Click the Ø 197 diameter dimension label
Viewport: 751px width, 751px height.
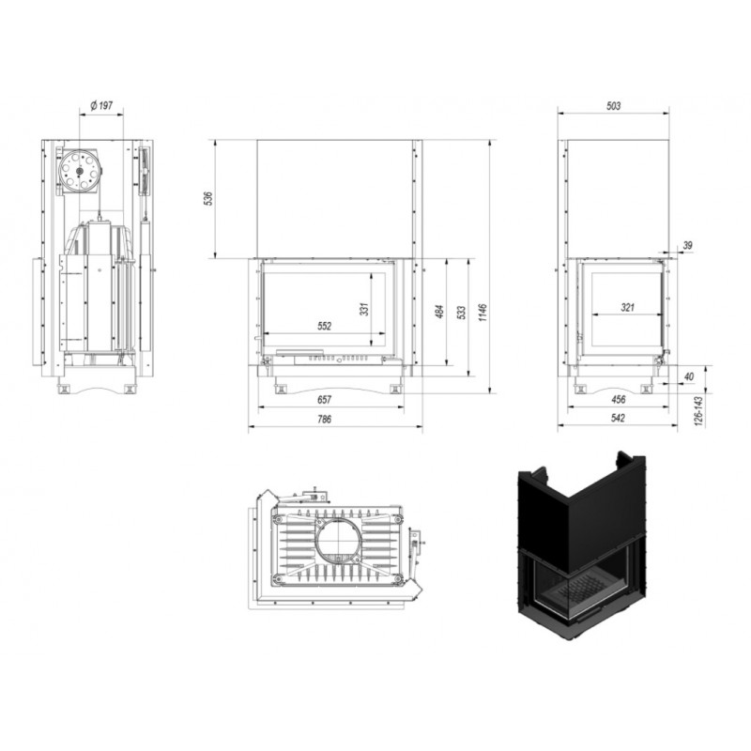point(101,105)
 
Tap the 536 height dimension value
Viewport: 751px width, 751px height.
point(208,198)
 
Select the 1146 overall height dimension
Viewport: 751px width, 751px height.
point(483,312)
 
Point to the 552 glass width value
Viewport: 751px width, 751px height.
point(324,326)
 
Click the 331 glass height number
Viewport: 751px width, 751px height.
point(364,310)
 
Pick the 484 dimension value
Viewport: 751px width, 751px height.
point(440,312)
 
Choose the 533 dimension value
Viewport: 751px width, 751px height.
point(462,313)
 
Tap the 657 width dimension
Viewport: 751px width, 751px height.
point(324,399)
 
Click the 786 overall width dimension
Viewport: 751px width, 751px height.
point(324,419)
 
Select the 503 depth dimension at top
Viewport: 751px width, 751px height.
point(614,105)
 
